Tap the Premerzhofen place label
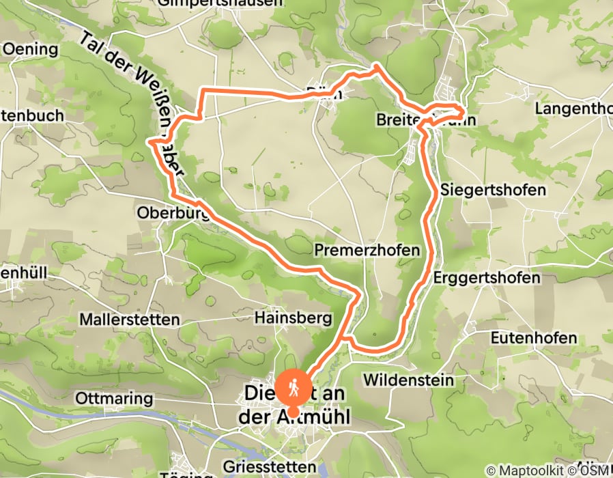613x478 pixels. [x=367, y=251]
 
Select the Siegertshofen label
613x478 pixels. [x=494, y=189]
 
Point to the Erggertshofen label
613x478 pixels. [x=487, y=278]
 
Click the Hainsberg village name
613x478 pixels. [x=293, y=318]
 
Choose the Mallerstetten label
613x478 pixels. [x=130, y=319]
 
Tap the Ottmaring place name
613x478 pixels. [x=114, y=397]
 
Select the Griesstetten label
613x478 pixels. [x=270, y=467]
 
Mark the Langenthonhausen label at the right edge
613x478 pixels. [x=573, y=109]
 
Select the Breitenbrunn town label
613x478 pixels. [x=425, y=120]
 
